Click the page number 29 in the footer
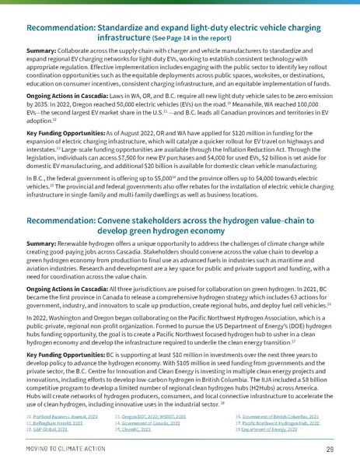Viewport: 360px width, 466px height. [x=330, y=450]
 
